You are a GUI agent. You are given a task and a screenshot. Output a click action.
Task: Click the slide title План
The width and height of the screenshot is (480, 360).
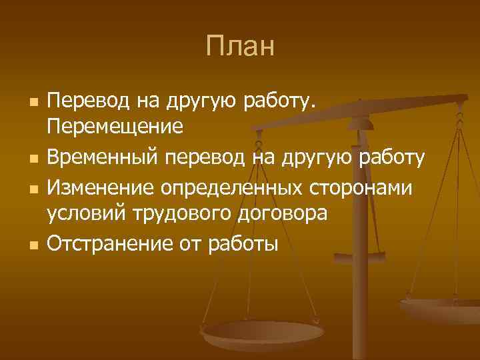tap(239, 46)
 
